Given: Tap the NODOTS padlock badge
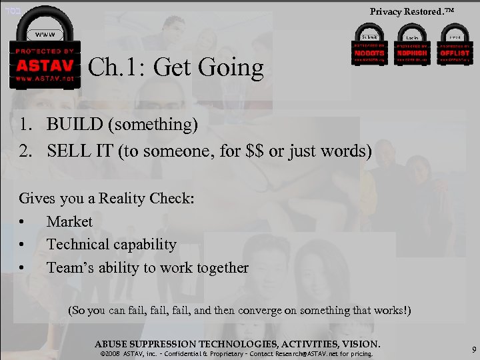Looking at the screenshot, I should click(369, 45).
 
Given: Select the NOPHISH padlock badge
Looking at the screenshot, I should click(412, 45).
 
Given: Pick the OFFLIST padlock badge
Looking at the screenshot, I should click(454, 45).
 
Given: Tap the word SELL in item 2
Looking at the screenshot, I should click(67, 151).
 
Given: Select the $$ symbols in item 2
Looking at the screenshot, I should click(251, 151).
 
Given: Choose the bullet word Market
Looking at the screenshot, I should click(69, 221).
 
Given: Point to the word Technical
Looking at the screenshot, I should click(77, 245).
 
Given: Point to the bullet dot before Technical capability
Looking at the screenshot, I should click(23, 245).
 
